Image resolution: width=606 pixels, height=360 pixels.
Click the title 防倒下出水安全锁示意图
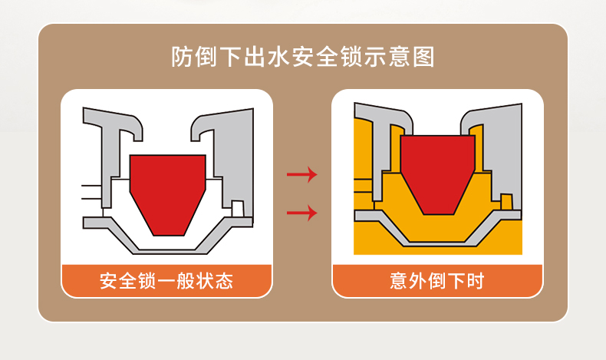[303, 57]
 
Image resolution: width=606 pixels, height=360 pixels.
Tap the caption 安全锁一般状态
[166, 280]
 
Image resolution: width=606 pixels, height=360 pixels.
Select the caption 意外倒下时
[437, 280]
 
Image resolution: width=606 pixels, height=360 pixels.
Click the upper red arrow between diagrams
[301, 175]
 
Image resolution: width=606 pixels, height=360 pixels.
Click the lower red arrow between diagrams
[301, 212]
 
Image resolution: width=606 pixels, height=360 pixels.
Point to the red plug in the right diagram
[436, 170]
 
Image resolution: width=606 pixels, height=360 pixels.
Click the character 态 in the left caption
[223, 280]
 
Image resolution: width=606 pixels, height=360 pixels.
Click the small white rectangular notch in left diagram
[238, 208]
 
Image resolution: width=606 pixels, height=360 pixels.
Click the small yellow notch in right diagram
[506, 201]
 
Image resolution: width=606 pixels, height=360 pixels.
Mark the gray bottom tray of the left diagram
[168, 243]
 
